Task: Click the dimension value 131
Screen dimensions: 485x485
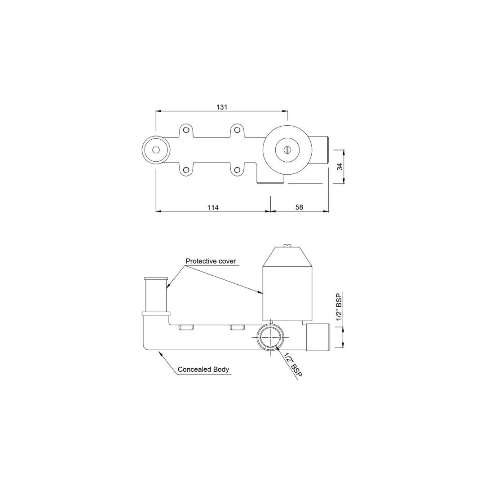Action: click(222, 107)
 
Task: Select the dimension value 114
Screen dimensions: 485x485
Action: click(213, 207)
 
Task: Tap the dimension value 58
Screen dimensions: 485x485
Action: click(300, 207)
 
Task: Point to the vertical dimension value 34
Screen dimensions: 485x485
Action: click(340, 167)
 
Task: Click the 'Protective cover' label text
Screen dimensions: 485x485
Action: click(211, 261)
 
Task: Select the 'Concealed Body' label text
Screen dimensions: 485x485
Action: click(203, 370)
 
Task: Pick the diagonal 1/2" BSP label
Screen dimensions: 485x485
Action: click(292, 364)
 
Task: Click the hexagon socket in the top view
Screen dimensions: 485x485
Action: click(155, 150)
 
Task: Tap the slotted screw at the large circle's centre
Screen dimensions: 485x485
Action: click(287, 150)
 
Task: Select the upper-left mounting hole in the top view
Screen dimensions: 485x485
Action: click(185, 130)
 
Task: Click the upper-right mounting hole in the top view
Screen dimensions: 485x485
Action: click(236, 130)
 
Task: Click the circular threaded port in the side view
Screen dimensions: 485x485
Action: click(270, 338)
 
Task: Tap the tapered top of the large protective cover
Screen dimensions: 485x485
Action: click(287, 257)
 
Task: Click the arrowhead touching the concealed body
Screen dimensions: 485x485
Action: click(159, 354)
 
